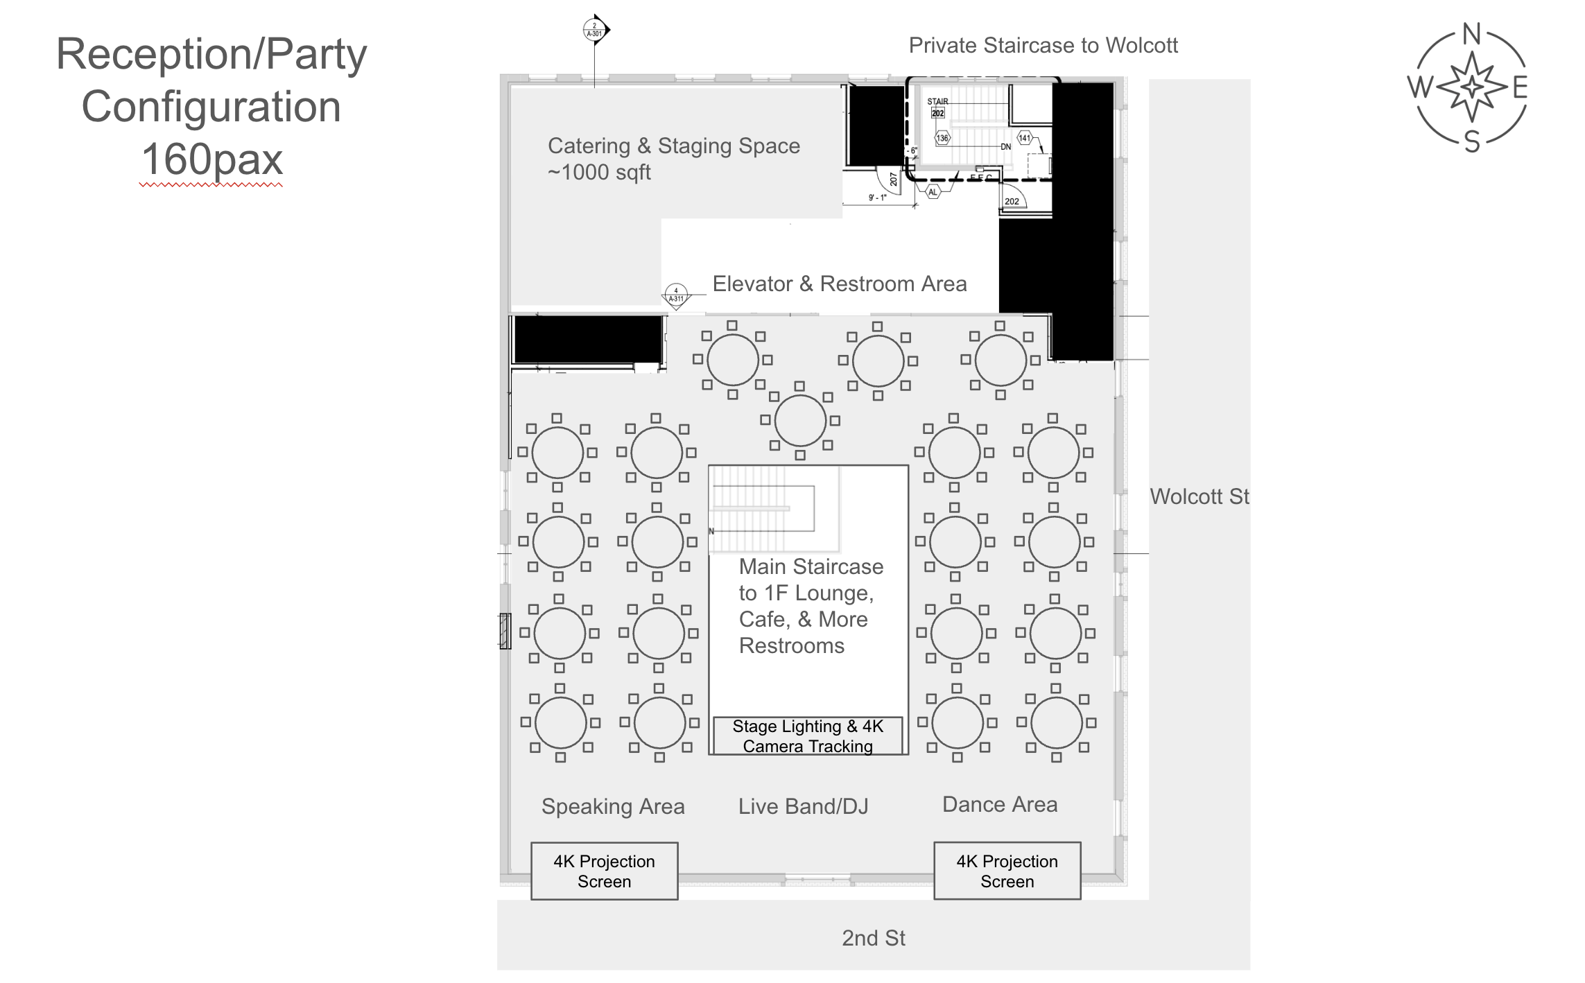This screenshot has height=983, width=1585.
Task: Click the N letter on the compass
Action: (1471, 34)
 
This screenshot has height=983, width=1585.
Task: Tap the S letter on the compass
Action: (1471, 142)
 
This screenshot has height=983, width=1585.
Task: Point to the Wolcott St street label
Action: (1199, 496)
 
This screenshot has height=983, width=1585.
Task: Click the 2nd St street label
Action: (874, 938)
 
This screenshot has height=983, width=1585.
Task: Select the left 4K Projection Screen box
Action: (604, 871)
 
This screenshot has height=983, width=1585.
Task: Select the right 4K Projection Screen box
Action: (1007, 871)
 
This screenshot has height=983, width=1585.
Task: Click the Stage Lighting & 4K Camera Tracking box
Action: (808, 736)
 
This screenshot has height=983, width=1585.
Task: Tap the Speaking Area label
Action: (613, 806)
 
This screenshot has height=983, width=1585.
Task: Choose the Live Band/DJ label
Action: (803, 806)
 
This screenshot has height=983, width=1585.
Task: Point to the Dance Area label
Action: (1000, 804)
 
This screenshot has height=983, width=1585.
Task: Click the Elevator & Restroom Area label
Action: (839, 284)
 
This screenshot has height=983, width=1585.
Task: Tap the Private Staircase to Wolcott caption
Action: (1043, 46)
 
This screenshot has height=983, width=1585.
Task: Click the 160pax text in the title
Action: (212, 159)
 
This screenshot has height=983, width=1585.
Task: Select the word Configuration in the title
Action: (211, 107)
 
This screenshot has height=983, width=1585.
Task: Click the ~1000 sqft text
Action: (599, 172)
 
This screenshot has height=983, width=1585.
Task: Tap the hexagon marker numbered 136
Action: (942, 138)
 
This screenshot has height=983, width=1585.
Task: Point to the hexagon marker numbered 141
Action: (1025, 138)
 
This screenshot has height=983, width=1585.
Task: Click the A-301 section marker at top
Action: (595, 30)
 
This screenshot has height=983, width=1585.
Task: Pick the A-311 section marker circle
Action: (676, 295)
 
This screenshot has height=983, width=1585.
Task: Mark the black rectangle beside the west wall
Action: (588, 339)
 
